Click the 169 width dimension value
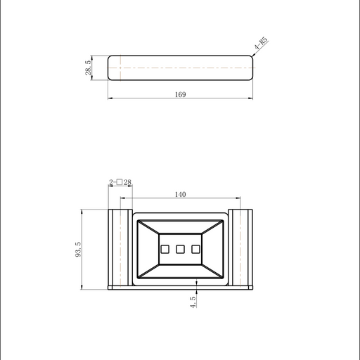181,94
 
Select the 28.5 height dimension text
88,67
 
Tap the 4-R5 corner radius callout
261,43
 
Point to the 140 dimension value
181,194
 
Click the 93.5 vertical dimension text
78,250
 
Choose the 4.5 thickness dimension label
193,302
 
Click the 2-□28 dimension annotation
120,182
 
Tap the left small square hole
165,249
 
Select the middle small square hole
180,249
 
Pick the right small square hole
195,249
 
